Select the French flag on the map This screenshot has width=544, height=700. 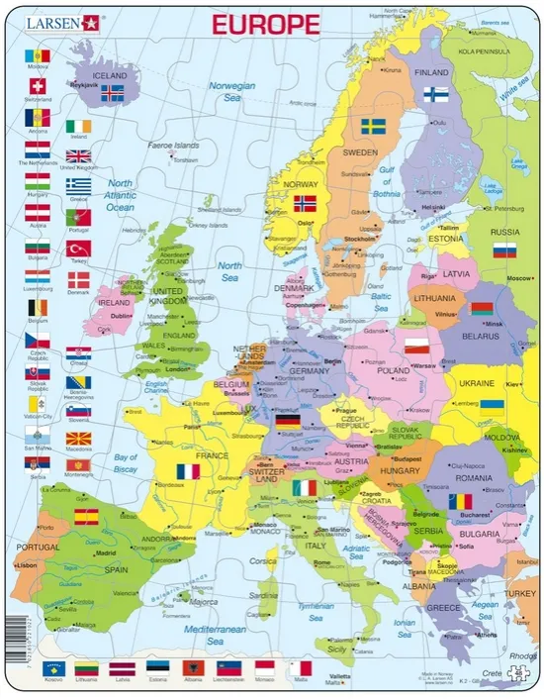pos(187,471)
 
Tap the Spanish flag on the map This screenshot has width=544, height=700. pos(86,516)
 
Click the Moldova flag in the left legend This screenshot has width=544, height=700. pos(38,53)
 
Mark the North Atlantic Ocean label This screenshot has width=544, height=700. pos(120,195)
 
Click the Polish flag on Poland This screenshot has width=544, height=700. pos(417,346)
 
